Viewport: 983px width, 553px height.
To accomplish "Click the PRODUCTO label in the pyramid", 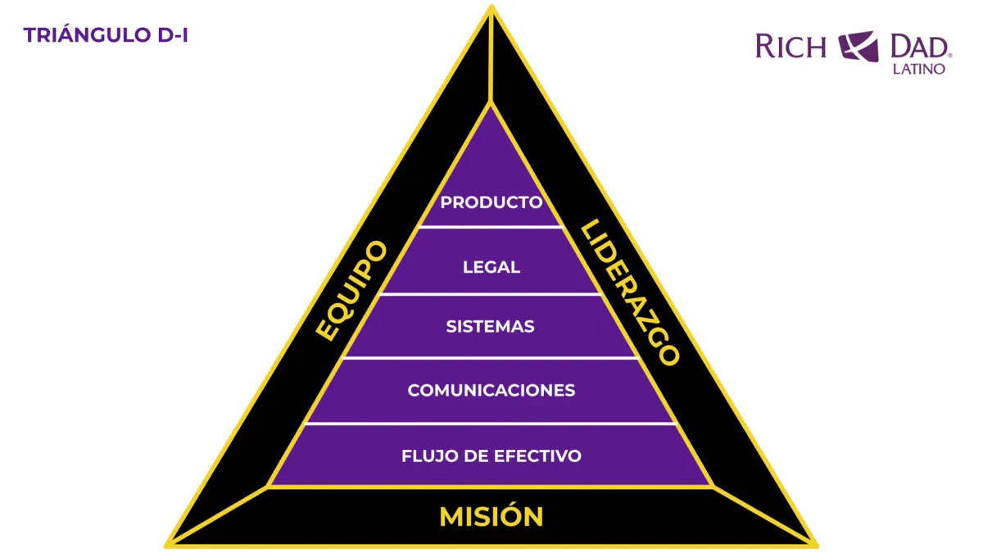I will point(491,202).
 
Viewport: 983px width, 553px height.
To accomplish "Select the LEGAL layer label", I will point(491,267).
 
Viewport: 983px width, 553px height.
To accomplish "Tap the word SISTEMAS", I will point(491,326).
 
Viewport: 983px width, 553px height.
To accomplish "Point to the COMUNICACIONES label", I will point(491,390).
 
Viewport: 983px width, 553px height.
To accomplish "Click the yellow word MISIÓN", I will point(491,517).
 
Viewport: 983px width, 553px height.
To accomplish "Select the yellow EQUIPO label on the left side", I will point(351,291).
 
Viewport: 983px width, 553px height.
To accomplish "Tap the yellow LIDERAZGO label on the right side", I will point(629,292).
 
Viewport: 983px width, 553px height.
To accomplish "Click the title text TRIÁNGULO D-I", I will point(106,35).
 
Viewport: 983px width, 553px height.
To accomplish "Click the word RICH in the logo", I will point(790,46).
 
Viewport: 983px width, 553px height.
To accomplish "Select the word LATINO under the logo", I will point(918,69).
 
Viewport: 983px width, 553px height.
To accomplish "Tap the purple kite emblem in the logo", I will point(858,46).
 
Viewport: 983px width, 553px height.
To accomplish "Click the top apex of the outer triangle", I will point(491,7).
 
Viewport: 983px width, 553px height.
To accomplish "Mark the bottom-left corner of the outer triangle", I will point(168,544).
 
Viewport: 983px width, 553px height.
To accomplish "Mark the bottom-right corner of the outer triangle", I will point(815,544).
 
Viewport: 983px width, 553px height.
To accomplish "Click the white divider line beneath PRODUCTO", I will point(491,227).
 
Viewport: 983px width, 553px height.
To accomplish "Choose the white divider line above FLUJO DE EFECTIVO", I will point(491,424).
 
